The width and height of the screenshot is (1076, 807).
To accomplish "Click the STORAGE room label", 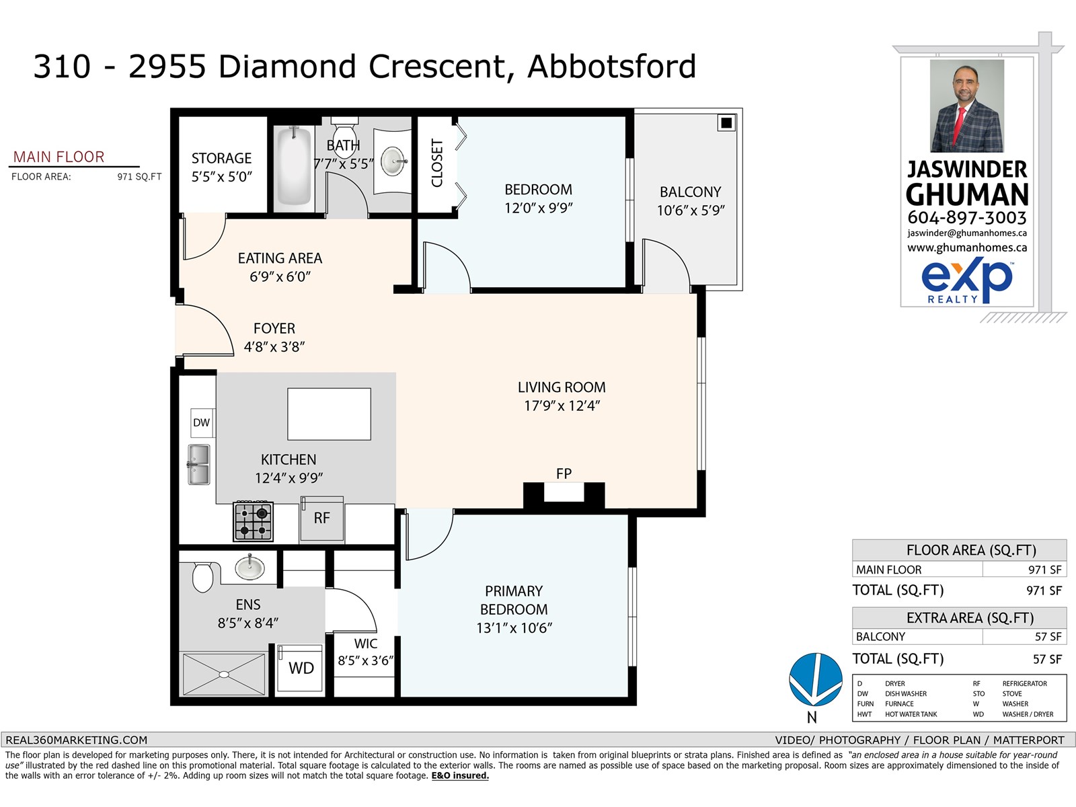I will [221, 158].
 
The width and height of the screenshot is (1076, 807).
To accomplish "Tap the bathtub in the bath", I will [295, 165].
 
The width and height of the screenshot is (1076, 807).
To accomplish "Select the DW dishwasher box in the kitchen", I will [201, 422].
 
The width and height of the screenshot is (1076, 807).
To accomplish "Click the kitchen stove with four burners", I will [254, 521].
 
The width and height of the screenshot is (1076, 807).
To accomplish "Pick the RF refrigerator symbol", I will [321, 518].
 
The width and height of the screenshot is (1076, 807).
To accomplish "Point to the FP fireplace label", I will [564, 473].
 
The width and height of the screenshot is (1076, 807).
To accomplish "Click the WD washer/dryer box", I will [301, 668].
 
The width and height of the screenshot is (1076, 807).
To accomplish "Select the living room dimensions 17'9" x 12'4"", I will [562, 406].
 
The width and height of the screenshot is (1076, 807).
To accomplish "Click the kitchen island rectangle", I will [329, 414].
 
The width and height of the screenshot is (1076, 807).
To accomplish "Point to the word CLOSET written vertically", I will [437, 163].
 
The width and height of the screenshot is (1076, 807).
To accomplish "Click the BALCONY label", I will [690, 192].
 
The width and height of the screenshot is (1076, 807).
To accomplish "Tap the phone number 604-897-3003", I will [966, 218].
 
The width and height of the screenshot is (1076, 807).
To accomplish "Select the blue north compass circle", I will [815, 679].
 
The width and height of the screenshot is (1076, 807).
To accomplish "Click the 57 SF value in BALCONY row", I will [1047, 636].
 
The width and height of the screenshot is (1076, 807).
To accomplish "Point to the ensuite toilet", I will [202, 577].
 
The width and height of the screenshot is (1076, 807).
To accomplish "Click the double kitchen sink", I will [198, 465].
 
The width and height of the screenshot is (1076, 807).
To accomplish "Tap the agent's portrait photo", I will [966, 106].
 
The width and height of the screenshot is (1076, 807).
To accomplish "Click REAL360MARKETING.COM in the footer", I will [76, 740].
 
